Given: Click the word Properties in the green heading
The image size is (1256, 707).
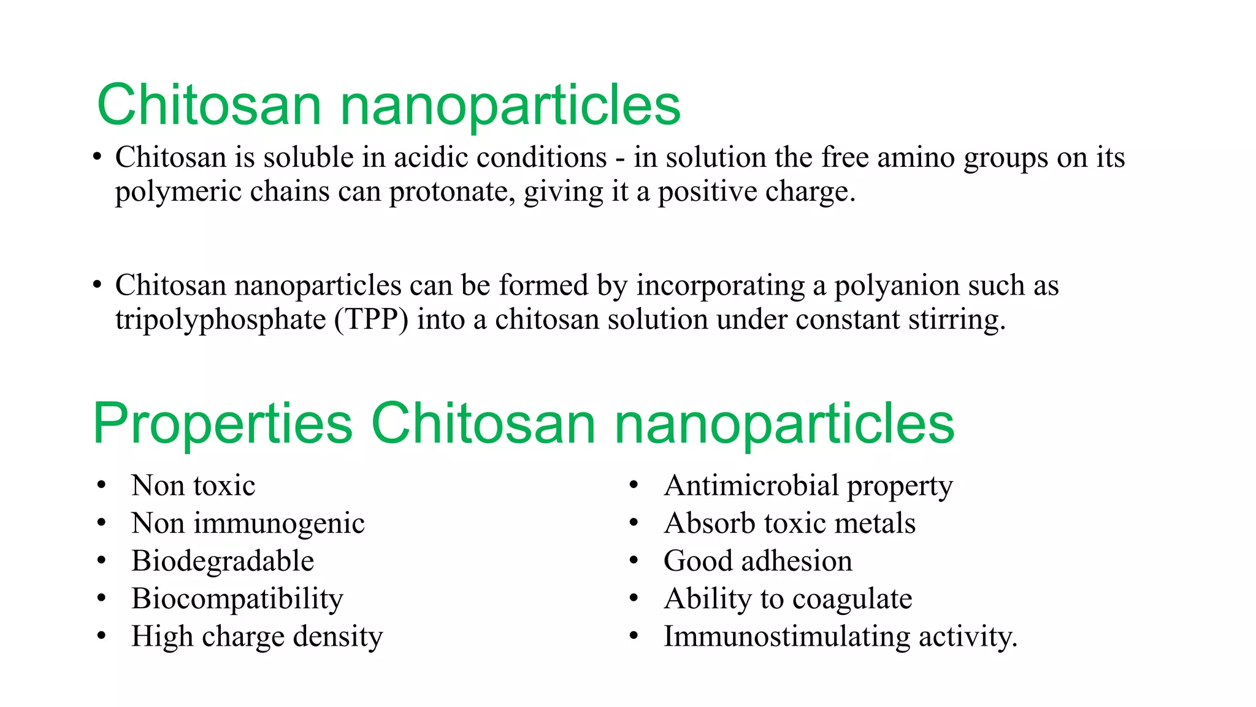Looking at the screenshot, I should (x=223, y=423).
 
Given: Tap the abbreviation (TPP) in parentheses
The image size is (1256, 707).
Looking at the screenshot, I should (x=371, y=320).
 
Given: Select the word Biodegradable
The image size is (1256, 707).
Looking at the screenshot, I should (x=223, y=561).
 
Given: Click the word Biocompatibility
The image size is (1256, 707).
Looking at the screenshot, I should (x=237, y=599).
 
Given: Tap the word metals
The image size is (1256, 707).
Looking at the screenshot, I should (x=875, y=523).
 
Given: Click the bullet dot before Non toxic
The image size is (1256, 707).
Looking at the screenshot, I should (x=102, y=485).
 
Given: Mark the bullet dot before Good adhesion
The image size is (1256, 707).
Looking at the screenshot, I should (x=634, y=561).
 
